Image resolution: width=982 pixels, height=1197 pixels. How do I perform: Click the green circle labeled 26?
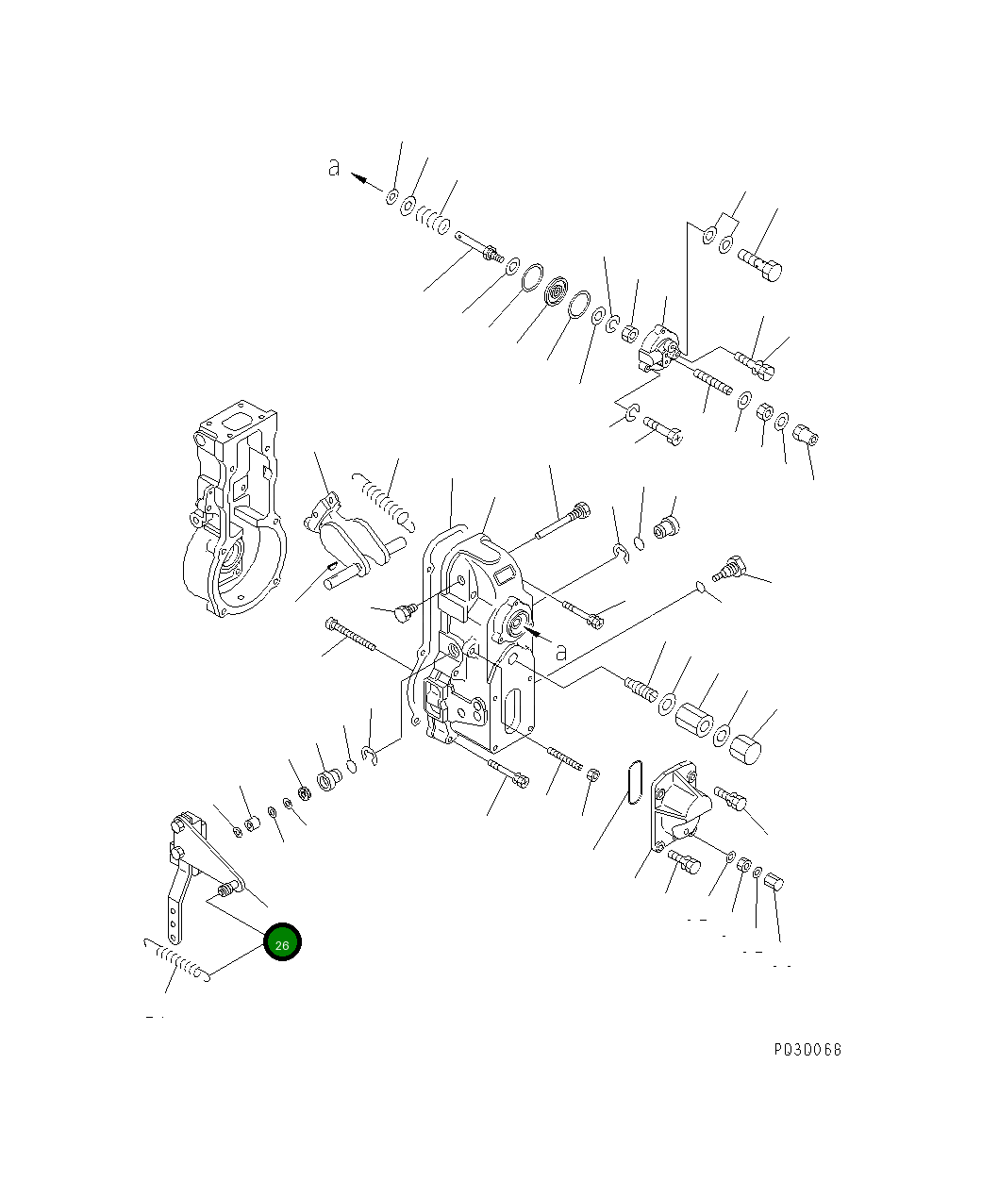pyautogui.click(x=282, y=942)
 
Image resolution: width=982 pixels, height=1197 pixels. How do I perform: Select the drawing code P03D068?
pyautogui.click(x=807, y=1050)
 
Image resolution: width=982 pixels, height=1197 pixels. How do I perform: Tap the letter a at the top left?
pyautogui.click(x=333, y=167)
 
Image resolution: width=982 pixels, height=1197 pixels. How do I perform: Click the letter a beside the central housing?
pyautogui.click(x=560, y=651)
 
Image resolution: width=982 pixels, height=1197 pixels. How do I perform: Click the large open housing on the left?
pyautogui.click(x=232, y=509)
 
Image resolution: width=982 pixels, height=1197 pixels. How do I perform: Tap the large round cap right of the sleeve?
pyautogui.click(x=746, y=750)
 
